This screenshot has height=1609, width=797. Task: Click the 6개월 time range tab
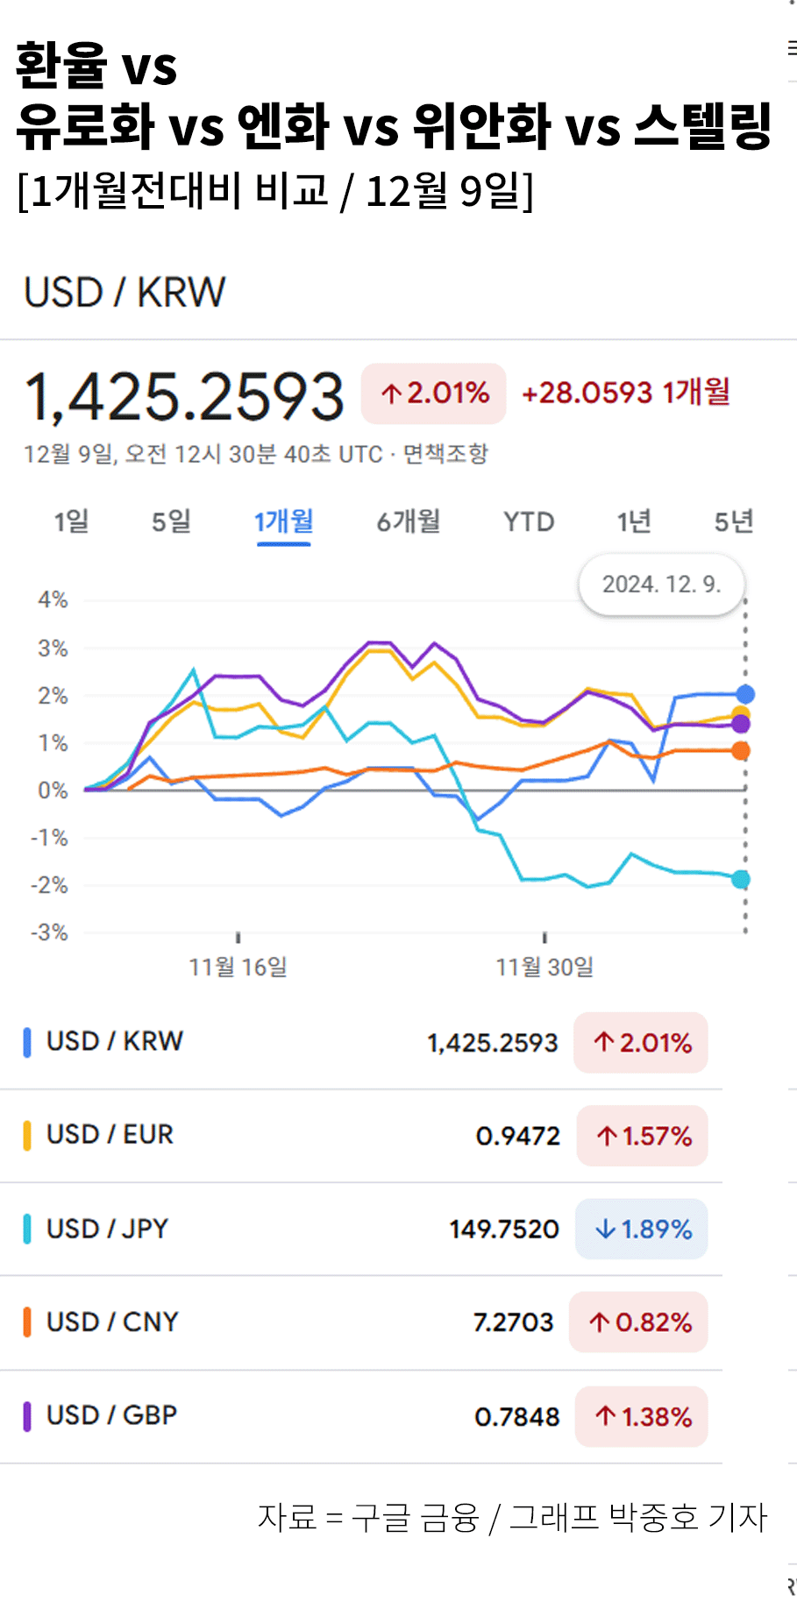pos(409,522)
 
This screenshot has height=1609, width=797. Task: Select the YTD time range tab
pos(529,522)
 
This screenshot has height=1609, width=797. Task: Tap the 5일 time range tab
pos(171,522)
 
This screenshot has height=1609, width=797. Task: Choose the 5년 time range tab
pos(733,522)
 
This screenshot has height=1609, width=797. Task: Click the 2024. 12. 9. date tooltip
pos(661,585)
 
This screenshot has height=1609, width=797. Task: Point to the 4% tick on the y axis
pos(53,600)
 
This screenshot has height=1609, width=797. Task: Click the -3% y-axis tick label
pos(49,932)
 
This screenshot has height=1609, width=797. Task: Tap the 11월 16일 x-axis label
pos(238,968)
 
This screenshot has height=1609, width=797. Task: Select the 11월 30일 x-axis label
pos(544,968)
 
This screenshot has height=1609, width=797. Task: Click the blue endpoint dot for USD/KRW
pos(745,694)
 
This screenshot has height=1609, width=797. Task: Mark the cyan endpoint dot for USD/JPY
pos(741,879)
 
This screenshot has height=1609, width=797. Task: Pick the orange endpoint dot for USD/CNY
pos(741,750)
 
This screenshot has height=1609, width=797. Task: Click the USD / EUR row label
pos(110,1135)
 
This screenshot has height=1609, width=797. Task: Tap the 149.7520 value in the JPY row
pos(504,1230)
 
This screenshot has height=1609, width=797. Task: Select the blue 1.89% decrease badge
pos(642,1230)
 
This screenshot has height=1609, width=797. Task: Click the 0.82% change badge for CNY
pos(639,1322)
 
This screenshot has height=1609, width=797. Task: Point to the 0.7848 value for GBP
pos(516,1417)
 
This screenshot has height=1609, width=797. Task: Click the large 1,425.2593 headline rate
pos(184,397)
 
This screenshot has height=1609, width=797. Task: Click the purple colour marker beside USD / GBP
pos(27,1416)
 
